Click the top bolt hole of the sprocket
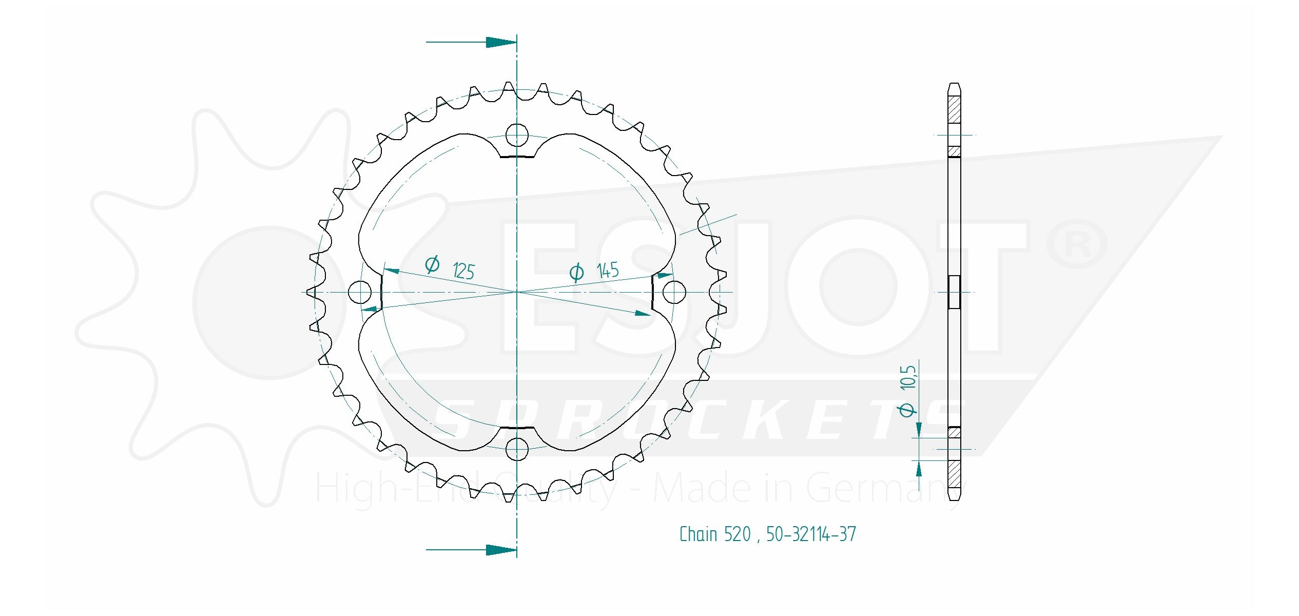pos(517,135)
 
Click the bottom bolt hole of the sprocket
pos(517,449)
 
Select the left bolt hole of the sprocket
pos(359,292)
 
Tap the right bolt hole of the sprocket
pos(674,292)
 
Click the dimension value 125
pos(463,271)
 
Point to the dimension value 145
pos(608,270)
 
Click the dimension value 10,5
pos(908,378)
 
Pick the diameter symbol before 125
pos(432,264)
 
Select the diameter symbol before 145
pos(576,272)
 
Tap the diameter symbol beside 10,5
pos(907,410)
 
